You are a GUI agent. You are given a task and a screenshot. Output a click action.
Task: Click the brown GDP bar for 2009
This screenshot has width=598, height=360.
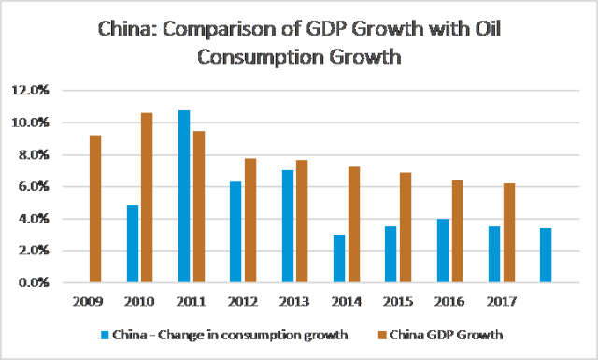click(x=95, y=209)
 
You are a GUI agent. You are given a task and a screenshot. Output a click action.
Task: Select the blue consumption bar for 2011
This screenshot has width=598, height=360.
click(x=184, y=196)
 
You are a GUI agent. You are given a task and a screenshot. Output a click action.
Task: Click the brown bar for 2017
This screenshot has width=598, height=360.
click(x=508, y=233)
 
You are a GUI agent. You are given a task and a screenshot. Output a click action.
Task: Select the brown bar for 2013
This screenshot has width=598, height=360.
click(x=301, y=221)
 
